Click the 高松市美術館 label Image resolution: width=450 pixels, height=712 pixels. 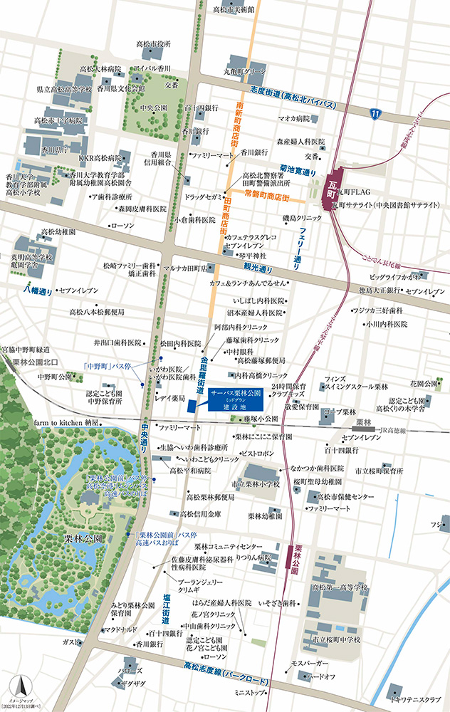click(x=233, y=9)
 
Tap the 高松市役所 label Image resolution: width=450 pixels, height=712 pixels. click(x=153, y=44)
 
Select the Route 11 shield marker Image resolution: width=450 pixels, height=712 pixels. click(x=375, y=112)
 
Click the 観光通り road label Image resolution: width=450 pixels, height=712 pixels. click(x=258, y=270)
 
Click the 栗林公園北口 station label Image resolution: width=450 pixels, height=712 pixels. click(x=36, y=362)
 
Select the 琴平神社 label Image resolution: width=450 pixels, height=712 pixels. click(x=250, y=254)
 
